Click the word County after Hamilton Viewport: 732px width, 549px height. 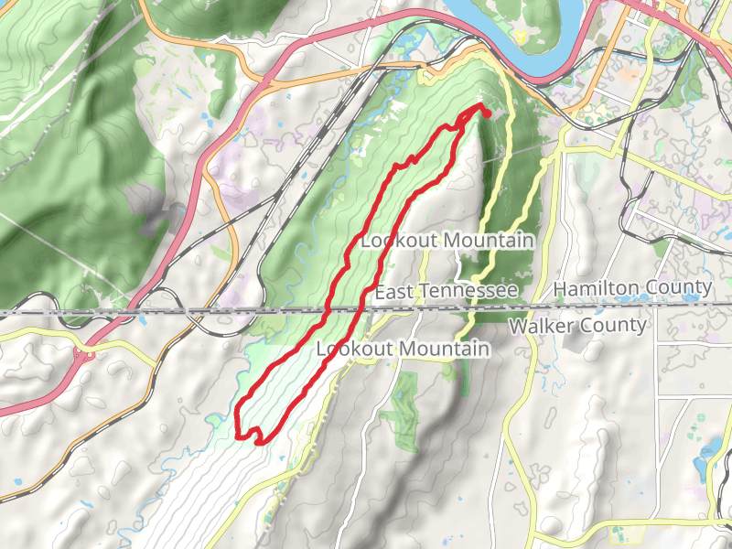pyautogui.click(x=680, y=288)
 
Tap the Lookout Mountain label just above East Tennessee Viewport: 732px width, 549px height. pyautogui.click(x=447, y=241)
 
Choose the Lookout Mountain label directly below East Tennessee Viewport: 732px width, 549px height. pyautogui.click(x=403, y=350)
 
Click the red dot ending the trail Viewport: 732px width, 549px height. pyautogui.click(x=486, y=113)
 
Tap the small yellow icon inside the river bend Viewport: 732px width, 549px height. pyautogui.click(x=520, y=36)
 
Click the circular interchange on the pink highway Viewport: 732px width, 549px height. pyautogui.click(x=86, y=351)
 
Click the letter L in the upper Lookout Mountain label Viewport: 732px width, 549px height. pyautogui.click(x=367, y=242)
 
